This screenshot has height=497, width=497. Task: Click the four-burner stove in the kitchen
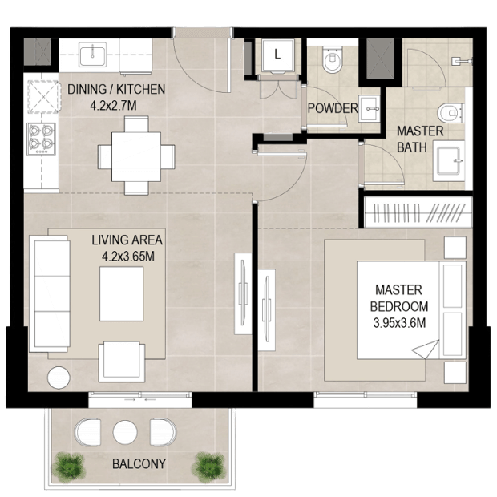41,139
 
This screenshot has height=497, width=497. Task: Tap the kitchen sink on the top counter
92,56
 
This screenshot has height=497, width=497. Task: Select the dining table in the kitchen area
136,156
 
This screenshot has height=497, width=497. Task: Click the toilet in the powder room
332,59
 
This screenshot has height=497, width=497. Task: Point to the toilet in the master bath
451,112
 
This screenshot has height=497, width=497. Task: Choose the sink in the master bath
448,161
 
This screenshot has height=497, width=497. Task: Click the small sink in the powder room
369,109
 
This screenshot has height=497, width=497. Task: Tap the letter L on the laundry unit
277,55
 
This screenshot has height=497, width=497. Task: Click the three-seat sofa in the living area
50,293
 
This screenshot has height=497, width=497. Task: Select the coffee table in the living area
121,294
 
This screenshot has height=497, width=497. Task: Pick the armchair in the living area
121,362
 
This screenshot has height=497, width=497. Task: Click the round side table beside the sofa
59,378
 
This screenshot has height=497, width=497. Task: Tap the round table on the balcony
125,432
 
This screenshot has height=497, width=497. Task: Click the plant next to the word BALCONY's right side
209,467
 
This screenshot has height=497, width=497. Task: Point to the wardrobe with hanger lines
418,212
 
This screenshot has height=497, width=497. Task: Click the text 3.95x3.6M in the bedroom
399,323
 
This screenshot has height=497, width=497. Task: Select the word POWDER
333,108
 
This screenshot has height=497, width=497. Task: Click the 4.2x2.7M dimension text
114,105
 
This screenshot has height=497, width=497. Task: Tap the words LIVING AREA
127,240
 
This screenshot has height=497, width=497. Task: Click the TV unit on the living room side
243,293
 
